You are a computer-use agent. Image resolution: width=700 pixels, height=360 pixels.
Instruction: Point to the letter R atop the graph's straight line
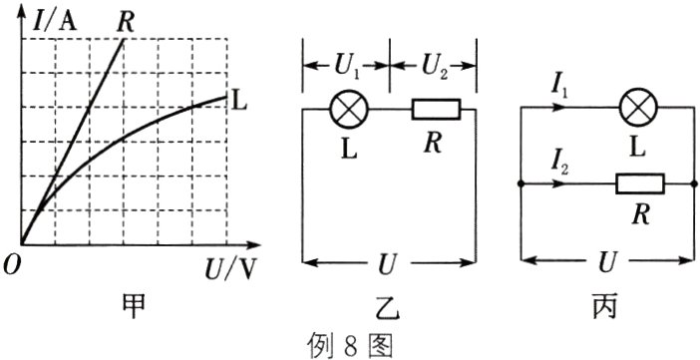(125, 22)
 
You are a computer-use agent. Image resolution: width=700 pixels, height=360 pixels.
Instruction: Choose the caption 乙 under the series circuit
(389, 308)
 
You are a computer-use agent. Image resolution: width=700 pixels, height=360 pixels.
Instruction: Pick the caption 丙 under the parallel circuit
(604, 307)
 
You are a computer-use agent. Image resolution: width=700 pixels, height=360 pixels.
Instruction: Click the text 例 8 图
(350, 346)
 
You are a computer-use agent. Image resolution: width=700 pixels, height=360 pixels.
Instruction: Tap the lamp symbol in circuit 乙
(349, 110)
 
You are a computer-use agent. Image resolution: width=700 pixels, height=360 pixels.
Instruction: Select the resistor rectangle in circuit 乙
(436, 110)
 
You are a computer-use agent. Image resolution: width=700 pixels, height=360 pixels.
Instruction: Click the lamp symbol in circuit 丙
(638, 108)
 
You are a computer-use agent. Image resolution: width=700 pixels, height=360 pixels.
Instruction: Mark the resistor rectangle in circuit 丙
(640, 183)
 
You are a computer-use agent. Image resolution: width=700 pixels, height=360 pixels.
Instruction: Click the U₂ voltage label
(434, 65)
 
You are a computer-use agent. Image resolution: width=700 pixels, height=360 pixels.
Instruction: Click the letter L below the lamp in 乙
(349, 150)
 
